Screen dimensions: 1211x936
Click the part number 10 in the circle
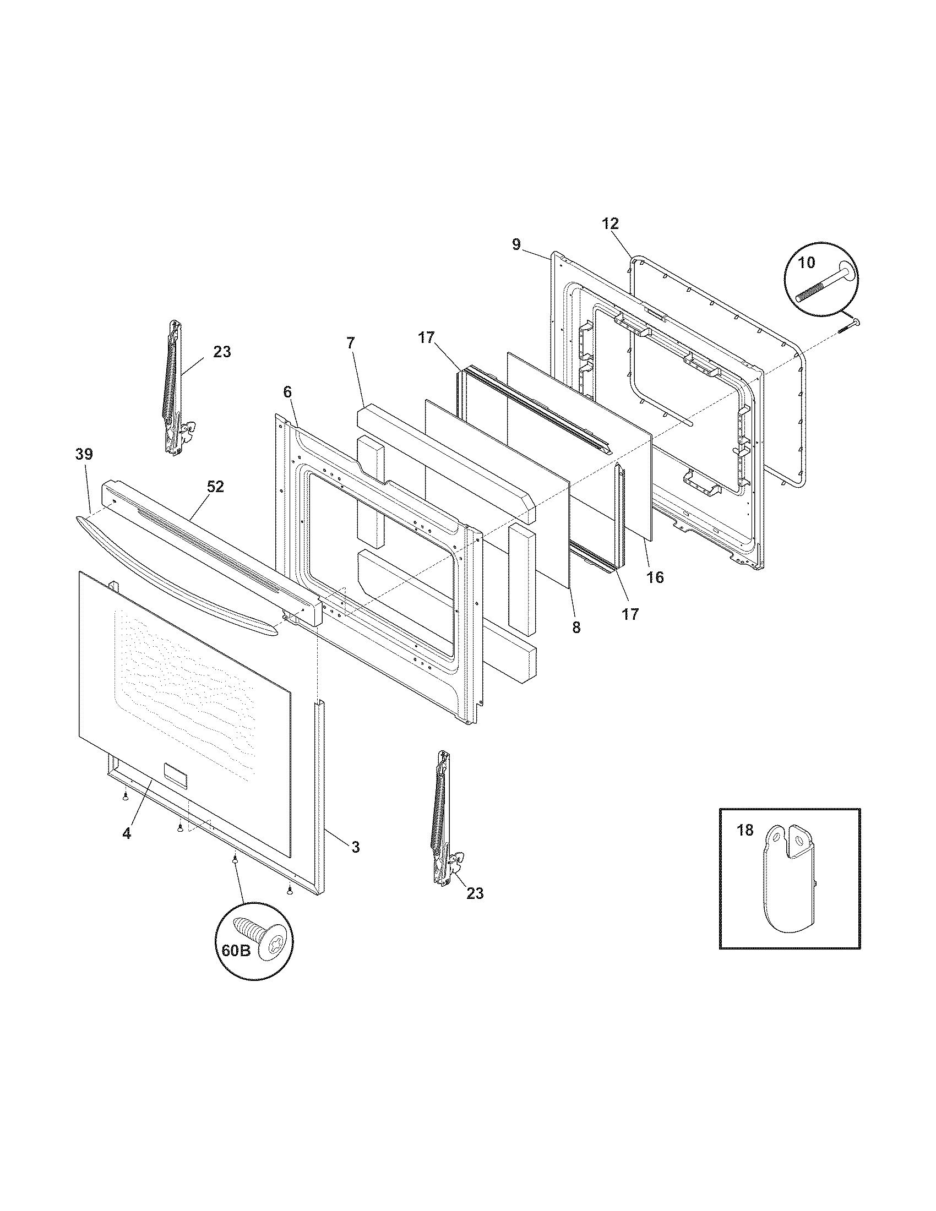point(806,263)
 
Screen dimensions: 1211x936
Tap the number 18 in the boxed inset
point(746,830)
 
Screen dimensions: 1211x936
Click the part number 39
point(84,454)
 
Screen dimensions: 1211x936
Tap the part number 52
point(215,486)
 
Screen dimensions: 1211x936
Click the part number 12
point(610,224)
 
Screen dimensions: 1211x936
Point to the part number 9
point(516,244)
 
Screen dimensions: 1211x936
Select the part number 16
point(655,577)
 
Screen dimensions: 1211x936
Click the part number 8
point(576,627)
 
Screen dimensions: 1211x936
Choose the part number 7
point(350,343)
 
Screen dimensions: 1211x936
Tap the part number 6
point(287,392)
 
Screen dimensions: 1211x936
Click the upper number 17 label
point(426,337)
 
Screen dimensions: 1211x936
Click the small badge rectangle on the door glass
point(176,773)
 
